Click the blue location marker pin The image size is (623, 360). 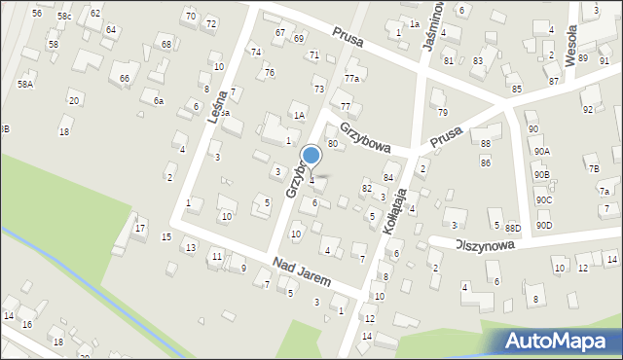311,156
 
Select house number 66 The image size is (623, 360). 125,78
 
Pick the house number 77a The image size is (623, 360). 351,78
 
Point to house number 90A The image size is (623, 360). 541,151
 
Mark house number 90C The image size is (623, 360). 543,199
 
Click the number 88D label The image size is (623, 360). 513,228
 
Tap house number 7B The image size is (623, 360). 593,168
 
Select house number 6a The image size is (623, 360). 158,100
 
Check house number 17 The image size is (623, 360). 141,228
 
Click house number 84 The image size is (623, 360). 387,177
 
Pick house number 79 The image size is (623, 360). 443,113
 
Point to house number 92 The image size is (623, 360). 587,110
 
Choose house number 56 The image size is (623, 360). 37,13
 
